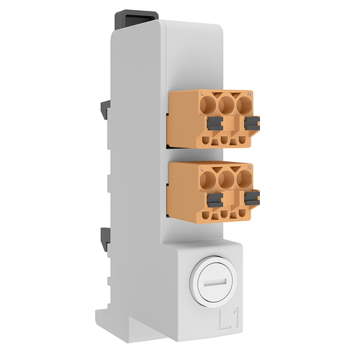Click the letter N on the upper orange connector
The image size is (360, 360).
click(x=249, y=94)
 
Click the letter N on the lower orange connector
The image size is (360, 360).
click(x=249, y=168)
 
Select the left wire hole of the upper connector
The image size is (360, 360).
click(x=210, y=107)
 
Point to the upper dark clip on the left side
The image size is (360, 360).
click(x=104, y=108)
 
